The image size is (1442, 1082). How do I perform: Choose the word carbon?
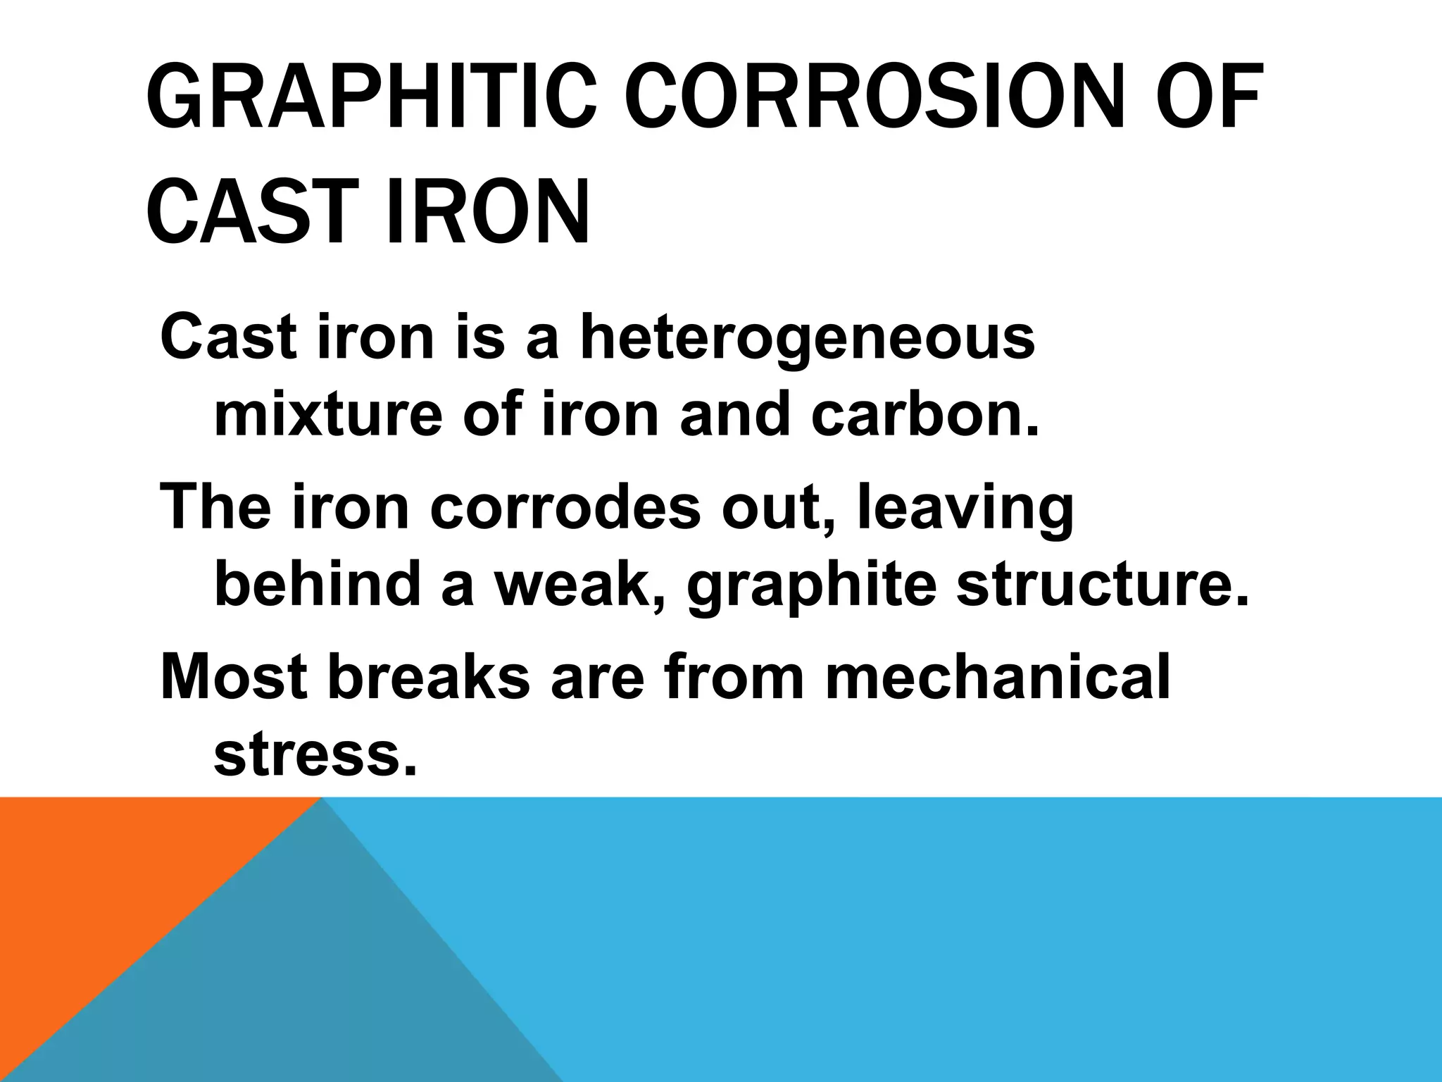tap(924, 416)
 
